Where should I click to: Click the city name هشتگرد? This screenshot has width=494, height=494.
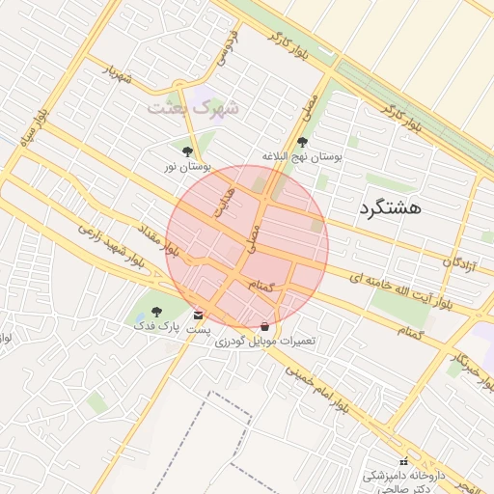pyautogui.click(x=391, y=206)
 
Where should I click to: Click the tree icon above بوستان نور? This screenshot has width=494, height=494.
pyautogui.click(x=186, y=151)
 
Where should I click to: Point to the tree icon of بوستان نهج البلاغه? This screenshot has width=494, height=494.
pyautogui.click(x=303, y=141)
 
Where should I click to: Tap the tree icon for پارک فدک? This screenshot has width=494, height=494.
pyautogui.click(x=157, y=312)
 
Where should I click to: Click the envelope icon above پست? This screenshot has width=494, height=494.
pyautogui.click(x=199, y=316)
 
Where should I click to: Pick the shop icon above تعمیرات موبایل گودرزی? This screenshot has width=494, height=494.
pyautogui.click(x=265, y=325)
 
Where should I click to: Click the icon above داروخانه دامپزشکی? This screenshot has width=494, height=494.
pyautogui.click(x=403, y=462)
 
